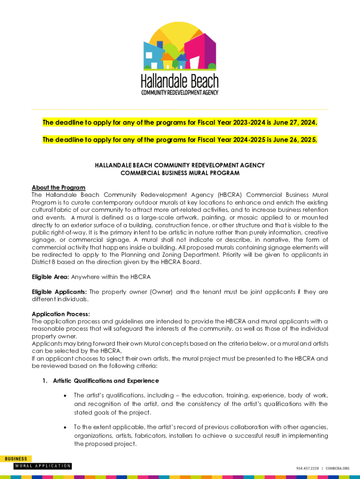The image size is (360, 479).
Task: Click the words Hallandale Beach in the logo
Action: pos(180,82)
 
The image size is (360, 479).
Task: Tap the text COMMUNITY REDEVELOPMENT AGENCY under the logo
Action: pos(180,93)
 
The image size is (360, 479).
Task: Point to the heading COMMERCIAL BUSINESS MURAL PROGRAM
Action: pos(180,173)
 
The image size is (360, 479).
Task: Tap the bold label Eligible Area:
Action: pos(50,277)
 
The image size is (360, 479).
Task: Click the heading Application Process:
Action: pos(61,314)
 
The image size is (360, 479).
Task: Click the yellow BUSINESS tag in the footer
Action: pos(16,459)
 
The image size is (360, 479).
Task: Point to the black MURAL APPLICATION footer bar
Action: pos(43,466)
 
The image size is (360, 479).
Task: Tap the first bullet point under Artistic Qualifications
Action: pos(65,396)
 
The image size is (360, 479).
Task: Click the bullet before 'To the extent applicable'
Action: pos(65,427)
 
